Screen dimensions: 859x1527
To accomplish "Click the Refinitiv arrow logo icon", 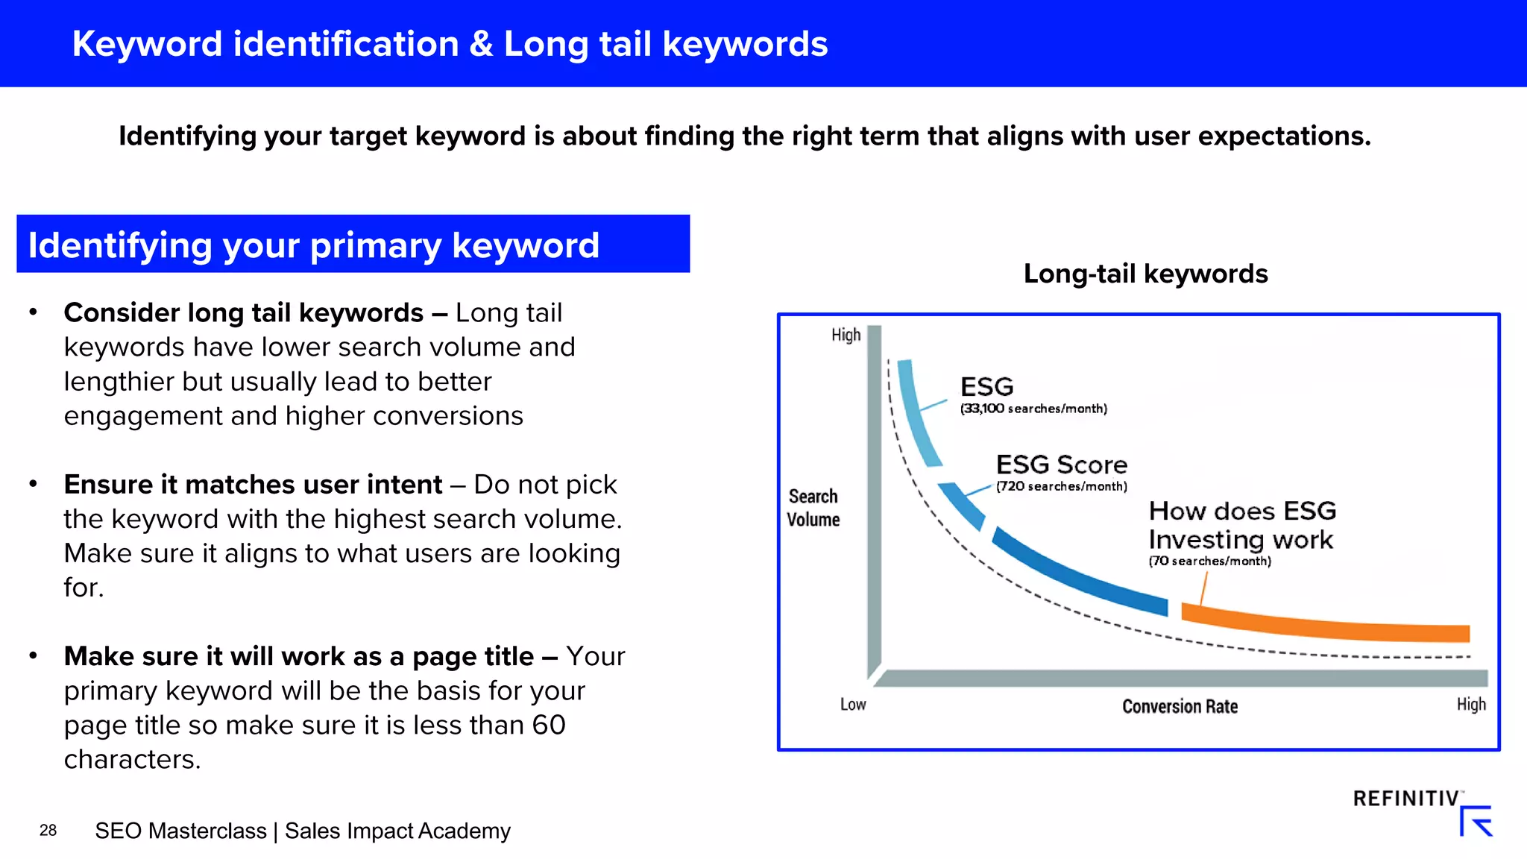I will pyautogui.click(x=1476, y=821).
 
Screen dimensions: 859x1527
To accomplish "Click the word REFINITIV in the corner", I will pyautogui.click(x=1405, y=799).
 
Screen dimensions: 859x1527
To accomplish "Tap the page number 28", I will pyautogui.click(x=48, y=831).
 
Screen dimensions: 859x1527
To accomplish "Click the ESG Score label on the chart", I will pyautogui.click(x=1061, y=465).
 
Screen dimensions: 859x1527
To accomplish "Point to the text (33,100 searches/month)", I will pyautogui.click(x=1033, y=409).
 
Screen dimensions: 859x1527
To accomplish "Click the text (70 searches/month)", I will pyautogui.click(x=1209, y=561).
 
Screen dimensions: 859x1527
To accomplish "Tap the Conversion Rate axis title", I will pyautogui.click(x=1180, y=706).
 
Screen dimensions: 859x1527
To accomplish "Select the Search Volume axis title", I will pyautogui.click(x=813, y=508).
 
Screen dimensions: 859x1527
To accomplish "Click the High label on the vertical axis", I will pyautogui.click(x=846, y=335).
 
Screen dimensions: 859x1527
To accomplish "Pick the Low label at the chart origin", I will pyautogui.click(x=853, y=704).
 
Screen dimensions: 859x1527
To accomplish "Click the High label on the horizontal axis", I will pyautogui.click(x=1470, y=704).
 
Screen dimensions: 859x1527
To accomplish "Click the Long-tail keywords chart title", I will pyautogui.click(x=1145, y=274).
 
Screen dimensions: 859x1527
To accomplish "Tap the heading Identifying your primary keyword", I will pyautogui.click(x=313, y=245).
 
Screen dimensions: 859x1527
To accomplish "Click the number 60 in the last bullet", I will pyautogui.click(x=548, y=725).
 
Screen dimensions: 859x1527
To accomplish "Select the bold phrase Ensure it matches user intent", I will pyautogui.click(x=253, y=485).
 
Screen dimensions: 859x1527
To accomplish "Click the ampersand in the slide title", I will pyautogui.click(x=482, y=44).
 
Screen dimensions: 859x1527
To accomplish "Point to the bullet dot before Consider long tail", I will pyautogui.click(x=33, y=312).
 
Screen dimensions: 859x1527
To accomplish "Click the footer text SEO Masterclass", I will pyautogui.click(x=180, y=831).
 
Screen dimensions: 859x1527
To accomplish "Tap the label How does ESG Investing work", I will pyautogui.click(x=1241, y=525).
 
